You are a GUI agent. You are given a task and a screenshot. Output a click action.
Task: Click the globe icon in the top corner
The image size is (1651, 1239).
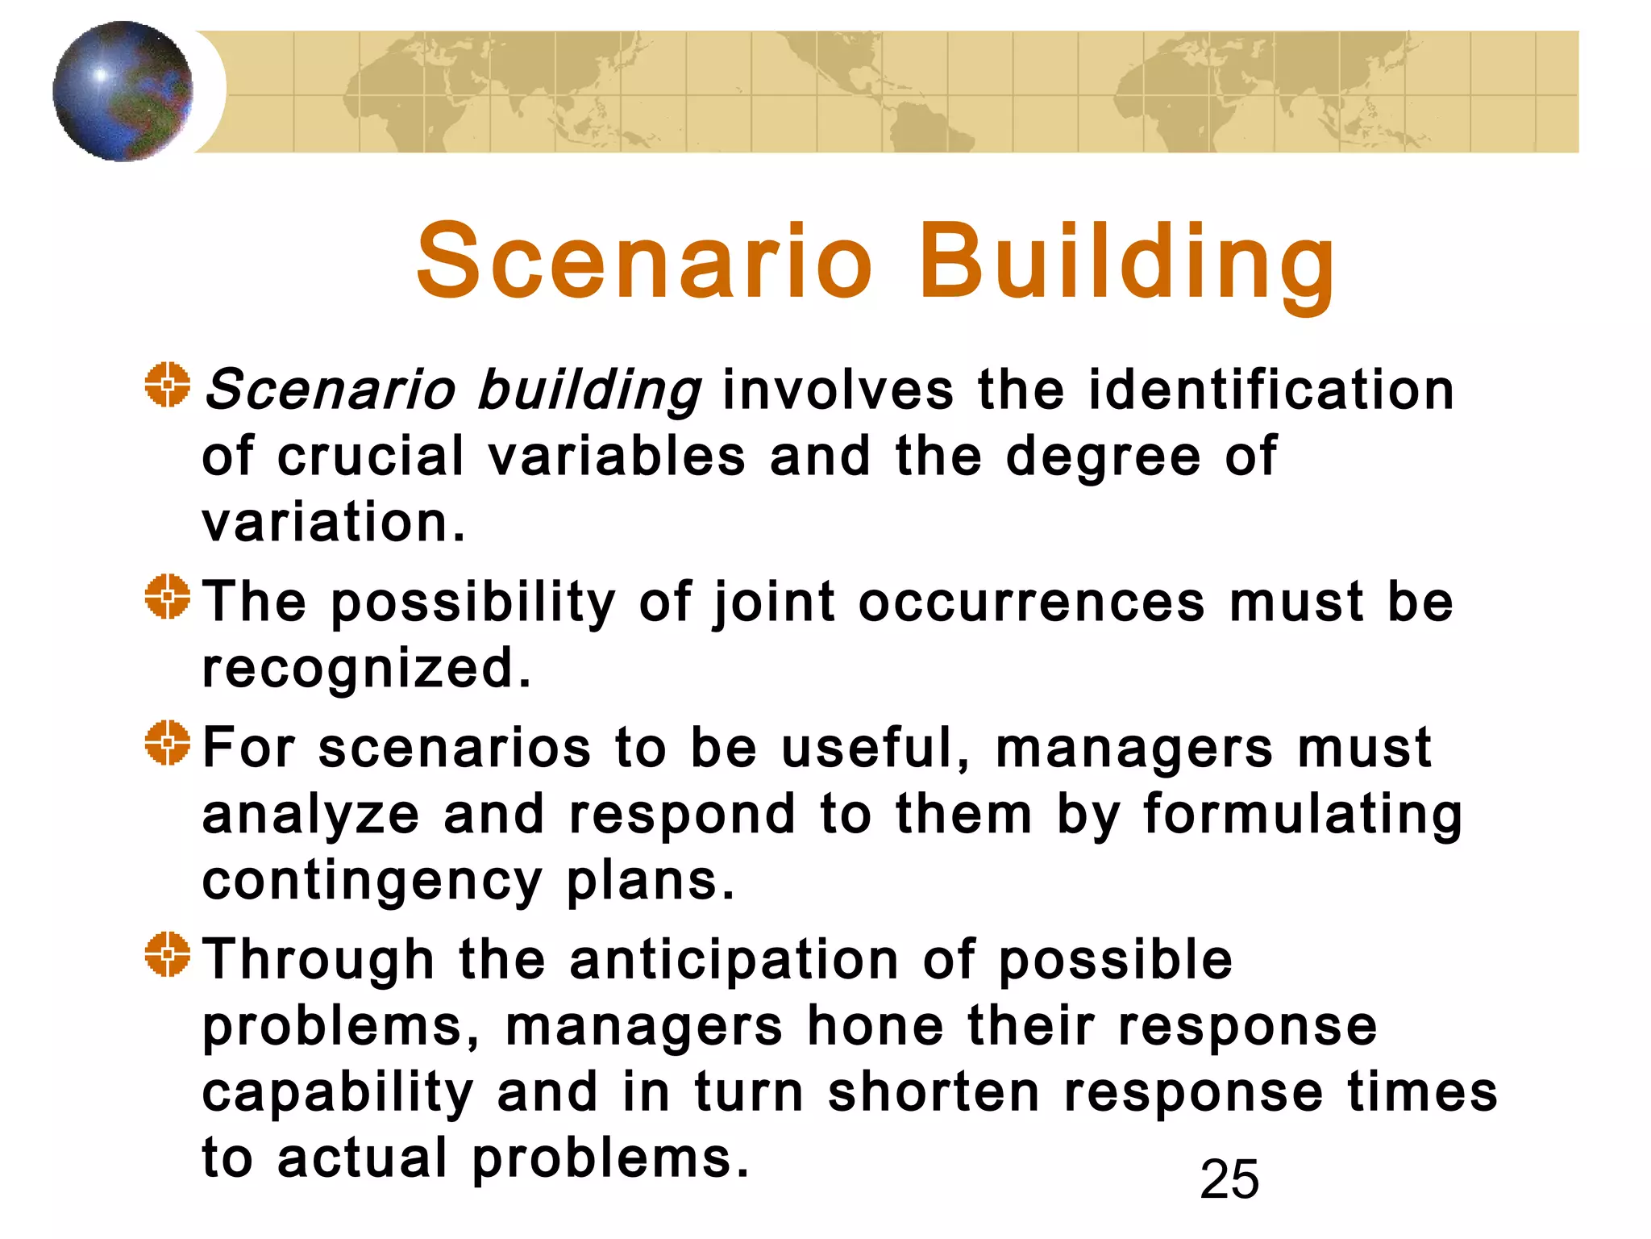tap(123, 91)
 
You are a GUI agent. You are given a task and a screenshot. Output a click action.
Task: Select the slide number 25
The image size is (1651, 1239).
tap(1229, 1179)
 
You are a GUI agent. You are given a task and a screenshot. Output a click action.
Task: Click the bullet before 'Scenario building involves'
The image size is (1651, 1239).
tap(168, 386)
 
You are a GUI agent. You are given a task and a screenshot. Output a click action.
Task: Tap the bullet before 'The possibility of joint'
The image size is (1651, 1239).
tap(168, 597)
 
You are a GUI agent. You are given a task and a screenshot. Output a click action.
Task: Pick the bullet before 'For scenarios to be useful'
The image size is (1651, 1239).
tap(168, 743)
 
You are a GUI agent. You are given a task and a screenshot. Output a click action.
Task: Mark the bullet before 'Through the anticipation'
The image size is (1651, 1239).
tap(168, 954)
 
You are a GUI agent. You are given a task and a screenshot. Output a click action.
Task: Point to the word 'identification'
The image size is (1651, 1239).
tap(1271, 390)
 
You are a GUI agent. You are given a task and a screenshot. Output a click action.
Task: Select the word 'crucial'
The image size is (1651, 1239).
tap(371, 456)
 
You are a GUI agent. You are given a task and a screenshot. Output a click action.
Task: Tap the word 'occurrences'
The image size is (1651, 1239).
tap(1031, 602)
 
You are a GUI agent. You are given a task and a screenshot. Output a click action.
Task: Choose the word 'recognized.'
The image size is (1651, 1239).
tap(367, 670)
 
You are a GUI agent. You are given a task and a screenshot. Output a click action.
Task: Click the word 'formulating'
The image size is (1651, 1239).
tap(1302, 815)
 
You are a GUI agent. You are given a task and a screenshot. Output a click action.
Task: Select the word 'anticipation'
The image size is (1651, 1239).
tap(734, 961)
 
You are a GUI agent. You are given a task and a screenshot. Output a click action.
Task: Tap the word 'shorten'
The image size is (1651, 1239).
tap(934, 1092)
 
